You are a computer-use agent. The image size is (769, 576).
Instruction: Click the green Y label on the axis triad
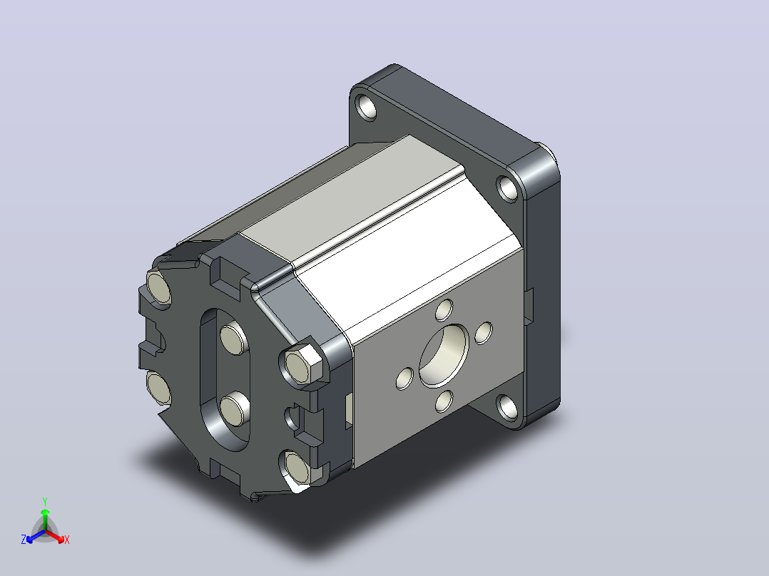pyautogui.click(x=45, y=501)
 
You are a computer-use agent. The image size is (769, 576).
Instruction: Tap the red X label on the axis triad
pyautogui.click(x=67, y=540)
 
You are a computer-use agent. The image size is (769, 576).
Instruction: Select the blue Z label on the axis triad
pyautogui.click(x=24, y=540)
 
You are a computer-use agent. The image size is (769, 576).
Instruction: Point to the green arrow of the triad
pyautogui.click(x=45, y=519)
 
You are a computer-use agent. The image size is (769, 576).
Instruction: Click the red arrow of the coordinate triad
pyautogui.click(x=55, y=536)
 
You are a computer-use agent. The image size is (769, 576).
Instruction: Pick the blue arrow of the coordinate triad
pyautogui.click(x=36, y=536)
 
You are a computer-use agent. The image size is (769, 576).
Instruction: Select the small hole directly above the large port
pyautogui.click(x=444, y=310)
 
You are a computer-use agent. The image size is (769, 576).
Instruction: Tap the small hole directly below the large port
pyautogui.click(x=444, y=401)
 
